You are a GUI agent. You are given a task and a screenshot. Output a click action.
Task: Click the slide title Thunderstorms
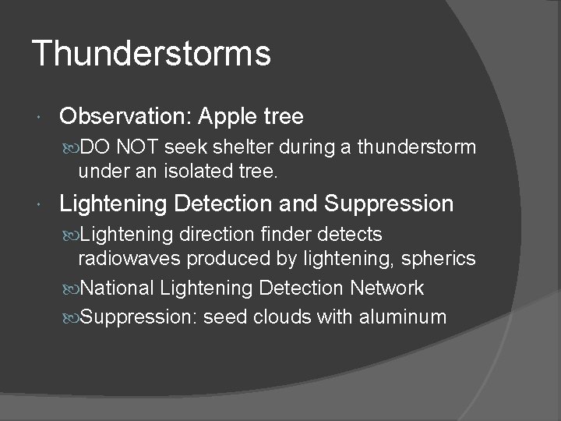coord(151,54)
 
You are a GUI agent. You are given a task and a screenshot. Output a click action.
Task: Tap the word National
coord(117,288)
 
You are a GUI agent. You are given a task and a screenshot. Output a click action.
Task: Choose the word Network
coord(386,288)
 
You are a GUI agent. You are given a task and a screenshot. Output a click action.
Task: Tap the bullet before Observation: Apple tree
coord(41,118)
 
